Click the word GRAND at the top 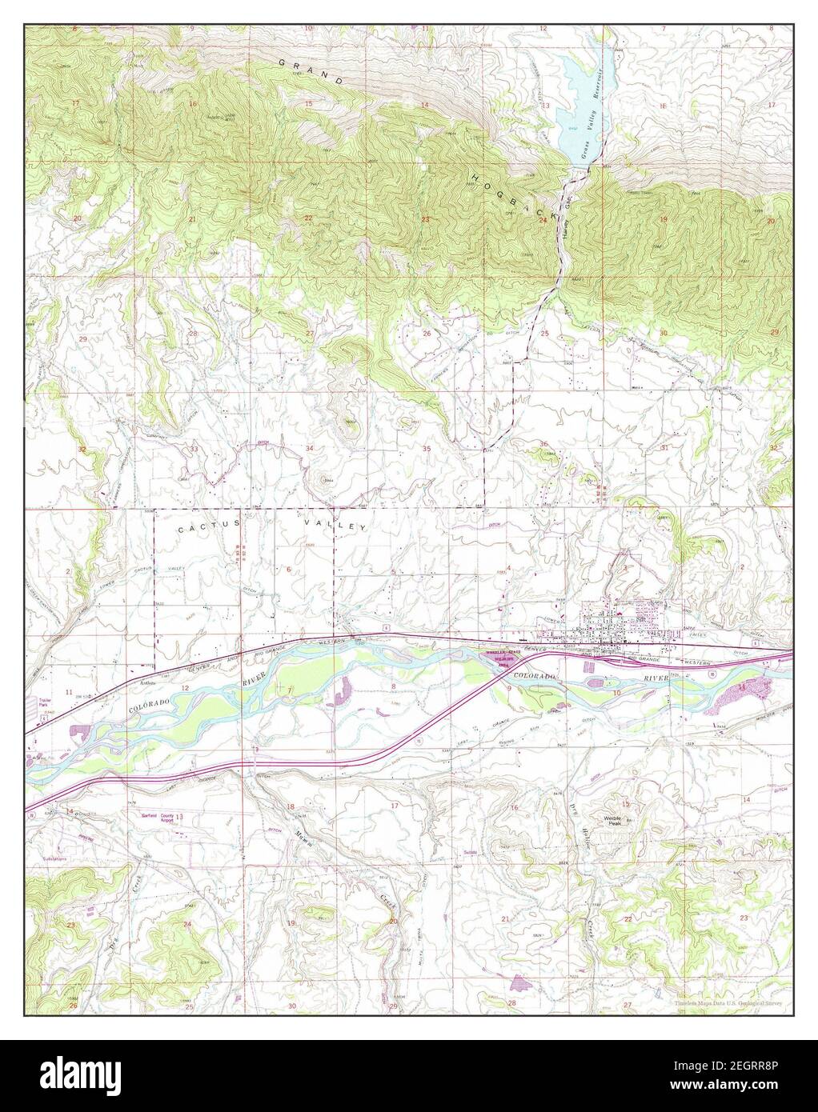point(311,71)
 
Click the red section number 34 point(310,450)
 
